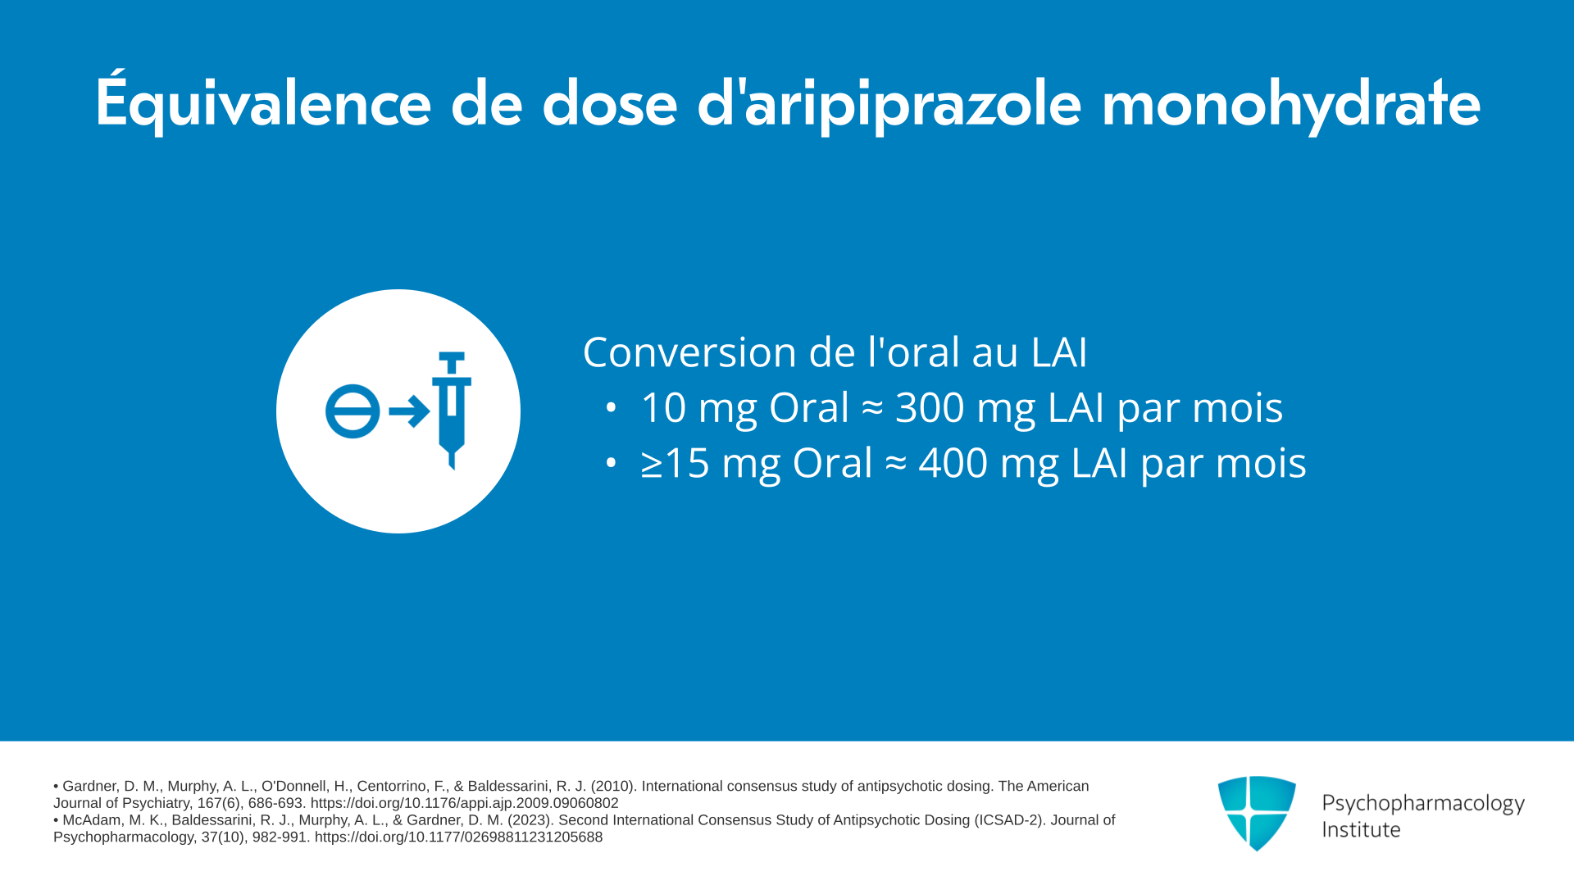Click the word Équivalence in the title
[x=263, y=102]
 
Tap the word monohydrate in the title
[x=1291, y=103]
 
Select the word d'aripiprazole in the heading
[x=889, y=103]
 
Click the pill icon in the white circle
[x=353, y=411]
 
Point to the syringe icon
[x=452, y=411]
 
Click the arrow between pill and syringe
[x=408, y=411]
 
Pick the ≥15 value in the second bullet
[x=675, y=463]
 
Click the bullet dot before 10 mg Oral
[x=611, y=407]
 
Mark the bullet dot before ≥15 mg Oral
[x=611, y=463]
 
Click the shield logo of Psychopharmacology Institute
[x=1257, y=813]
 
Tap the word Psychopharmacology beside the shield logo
[x=1423, y=803]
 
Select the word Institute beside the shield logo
[x=1361, y=830]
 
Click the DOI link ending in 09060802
[x=465, y=803]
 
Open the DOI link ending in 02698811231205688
[x=458, y=837]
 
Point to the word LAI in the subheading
[x=1058, y=352]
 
